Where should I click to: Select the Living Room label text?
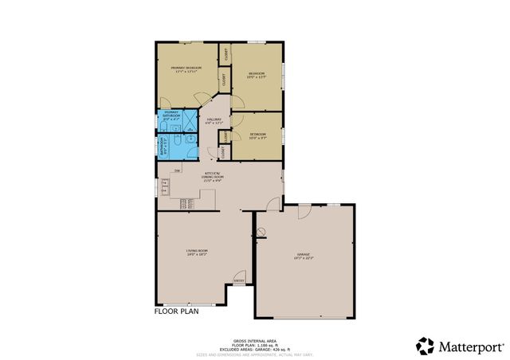(x=197, y=252)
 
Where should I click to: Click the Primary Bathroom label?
(x=171, y=115)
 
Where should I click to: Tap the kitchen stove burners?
(x=186, y=203)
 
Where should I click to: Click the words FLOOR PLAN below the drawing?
(x=176, y=311)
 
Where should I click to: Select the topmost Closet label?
(x=226, y=55)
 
